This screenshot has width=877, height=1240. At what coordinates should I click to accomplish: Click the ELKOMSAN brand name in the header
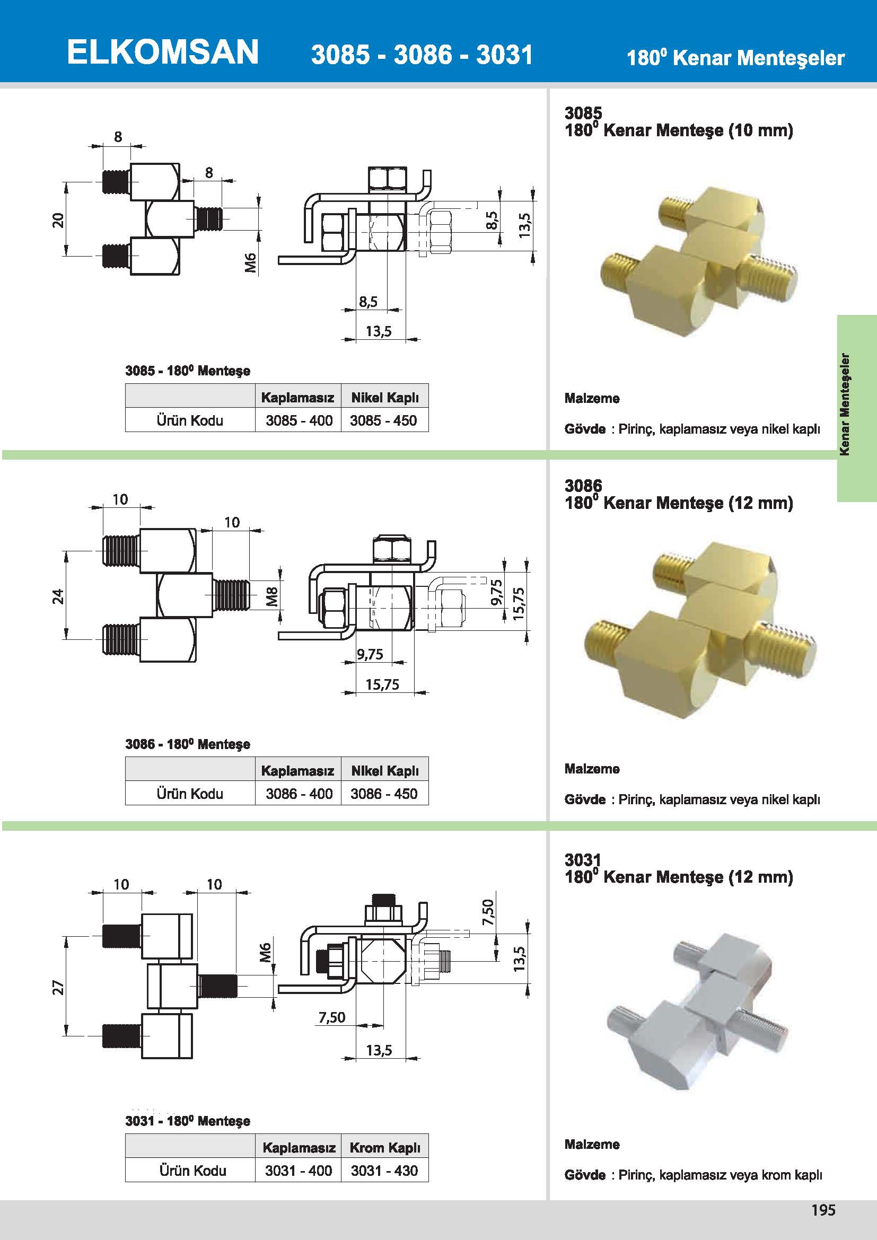click(x=163, y=52)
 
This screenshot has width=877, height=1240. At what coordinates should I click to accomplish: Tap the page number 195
click(x=823, y=1210)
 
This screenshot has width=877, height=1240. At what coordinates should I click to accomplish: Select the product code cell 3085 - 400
click(x=299, y=420)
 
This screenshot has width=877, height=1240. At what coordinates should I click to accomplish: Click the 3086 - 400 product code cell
click(x=299, y=794)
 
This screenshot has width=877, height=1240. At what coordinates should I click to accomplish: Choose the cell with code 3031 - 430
click(x=384, y=1171)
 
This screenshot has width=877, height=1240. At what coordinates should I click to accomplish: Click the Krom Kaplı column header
click(x=385, y=1147)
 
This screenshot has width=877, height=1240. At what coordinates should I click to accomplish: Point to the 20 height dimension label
click(x=58, y=221)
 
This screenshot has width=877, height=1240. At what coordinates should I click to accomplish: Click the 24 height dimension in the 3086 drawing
click(x=58, y=596)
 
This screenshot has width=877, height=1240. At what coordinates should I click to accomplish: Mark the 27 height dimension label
click(x=58, y=987)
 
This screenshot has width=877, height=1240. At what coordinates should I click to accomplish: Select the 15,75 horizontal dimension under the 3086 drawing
click(x=382, y=684)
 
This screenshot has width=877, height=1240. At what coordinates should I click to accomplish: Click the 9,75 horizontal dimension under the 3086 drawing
click(x=370, y=654)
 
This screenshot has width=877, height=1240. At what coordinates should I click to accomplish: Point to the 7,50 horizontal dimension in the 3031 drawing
click(x=331, y=1017)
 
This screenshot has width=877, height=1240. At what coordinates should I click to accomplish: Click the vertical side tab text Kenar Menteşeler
click(x=845, y=404)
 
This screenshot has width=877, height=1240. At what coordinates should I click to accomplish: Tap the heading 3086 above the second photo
click(x=583, y=486)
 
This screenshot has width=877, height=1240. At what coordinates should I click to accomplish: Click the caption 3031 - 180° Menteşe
click(x=188, y=1121)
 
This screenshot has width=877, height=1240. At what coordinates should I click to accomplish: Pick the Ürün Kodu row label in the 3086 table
click(x=190, y=794)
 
